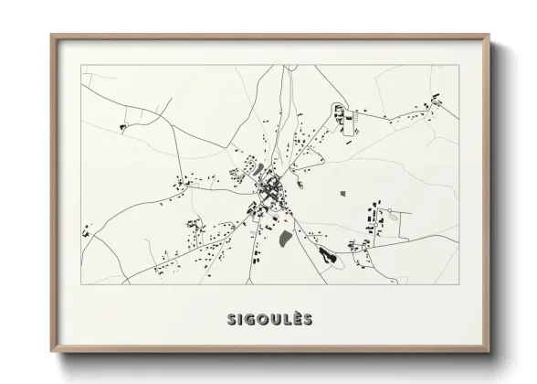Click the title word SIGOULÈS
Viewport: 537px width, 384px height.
pos(269,319)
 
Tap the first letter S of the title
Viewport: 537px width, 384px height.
pos(231,319)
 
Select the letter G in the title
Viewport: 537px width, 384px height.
pos(249,319)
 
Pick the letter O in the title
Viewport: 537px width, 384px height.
pos(260,319)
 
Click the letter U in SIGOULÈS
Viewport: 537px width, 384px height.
pos(272,319)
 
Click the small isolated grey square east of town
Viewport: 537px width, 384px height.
pos(343,193)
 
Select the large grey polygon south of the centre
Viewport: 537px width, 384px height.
pos(285,239)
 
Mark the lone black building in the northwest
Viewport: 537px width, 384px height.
pos(121,124)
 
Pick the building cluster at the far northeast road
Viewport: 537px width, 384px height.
pos(436,99)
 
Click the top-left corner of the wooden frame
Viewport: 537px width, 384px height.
pos(52,37)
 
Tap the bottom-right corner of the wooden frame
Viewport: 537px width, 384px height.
pos(489,352)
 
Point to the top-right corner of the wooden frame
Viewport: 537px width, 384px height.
pos(489,37)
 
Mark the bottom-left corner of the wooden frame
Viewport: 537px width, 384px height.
pos(52,352)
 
